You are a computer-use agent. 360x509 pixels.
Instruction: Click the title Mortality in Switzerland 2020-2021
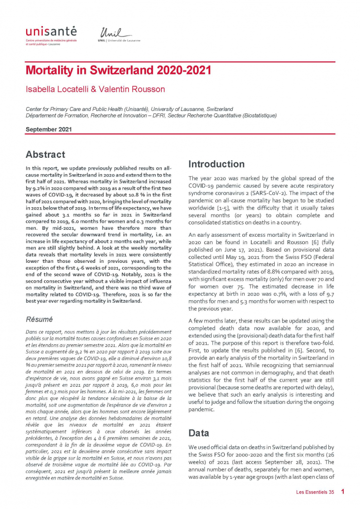(118, 70)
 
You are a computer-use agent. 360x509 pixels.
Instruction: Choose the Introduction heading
(216, 164)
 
